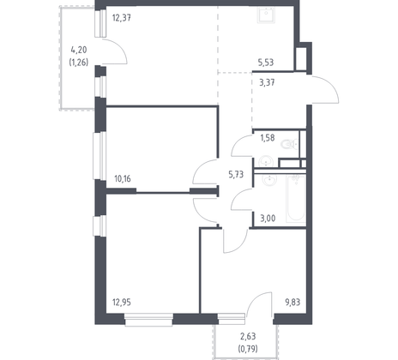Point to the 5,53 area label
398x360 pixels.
[x=267, y=63]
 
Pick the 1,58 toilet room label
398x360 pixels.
[x=267, y=138]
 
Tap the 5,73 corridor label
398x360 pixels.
[x=233, y=174]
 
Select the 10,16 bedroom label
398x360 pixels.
[x=124, y=179]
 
